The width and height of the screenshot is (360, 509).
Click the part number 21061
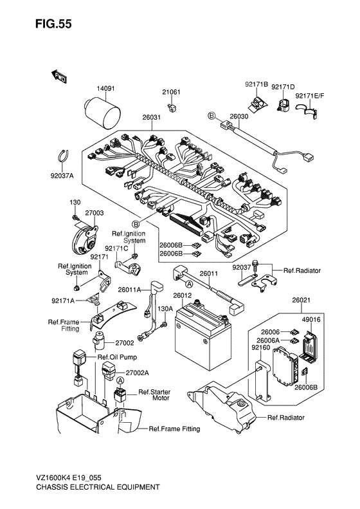(171, 92)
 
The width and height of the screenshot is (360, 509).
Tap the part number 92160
(260, 347)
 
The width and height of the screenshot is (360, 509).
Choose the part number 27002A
(137, 373)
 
